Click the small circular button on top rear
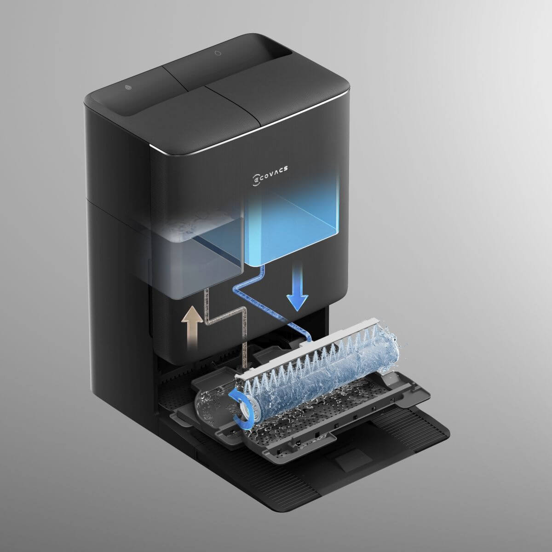coord(217,53)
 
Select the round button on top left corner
coord(128,87)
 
